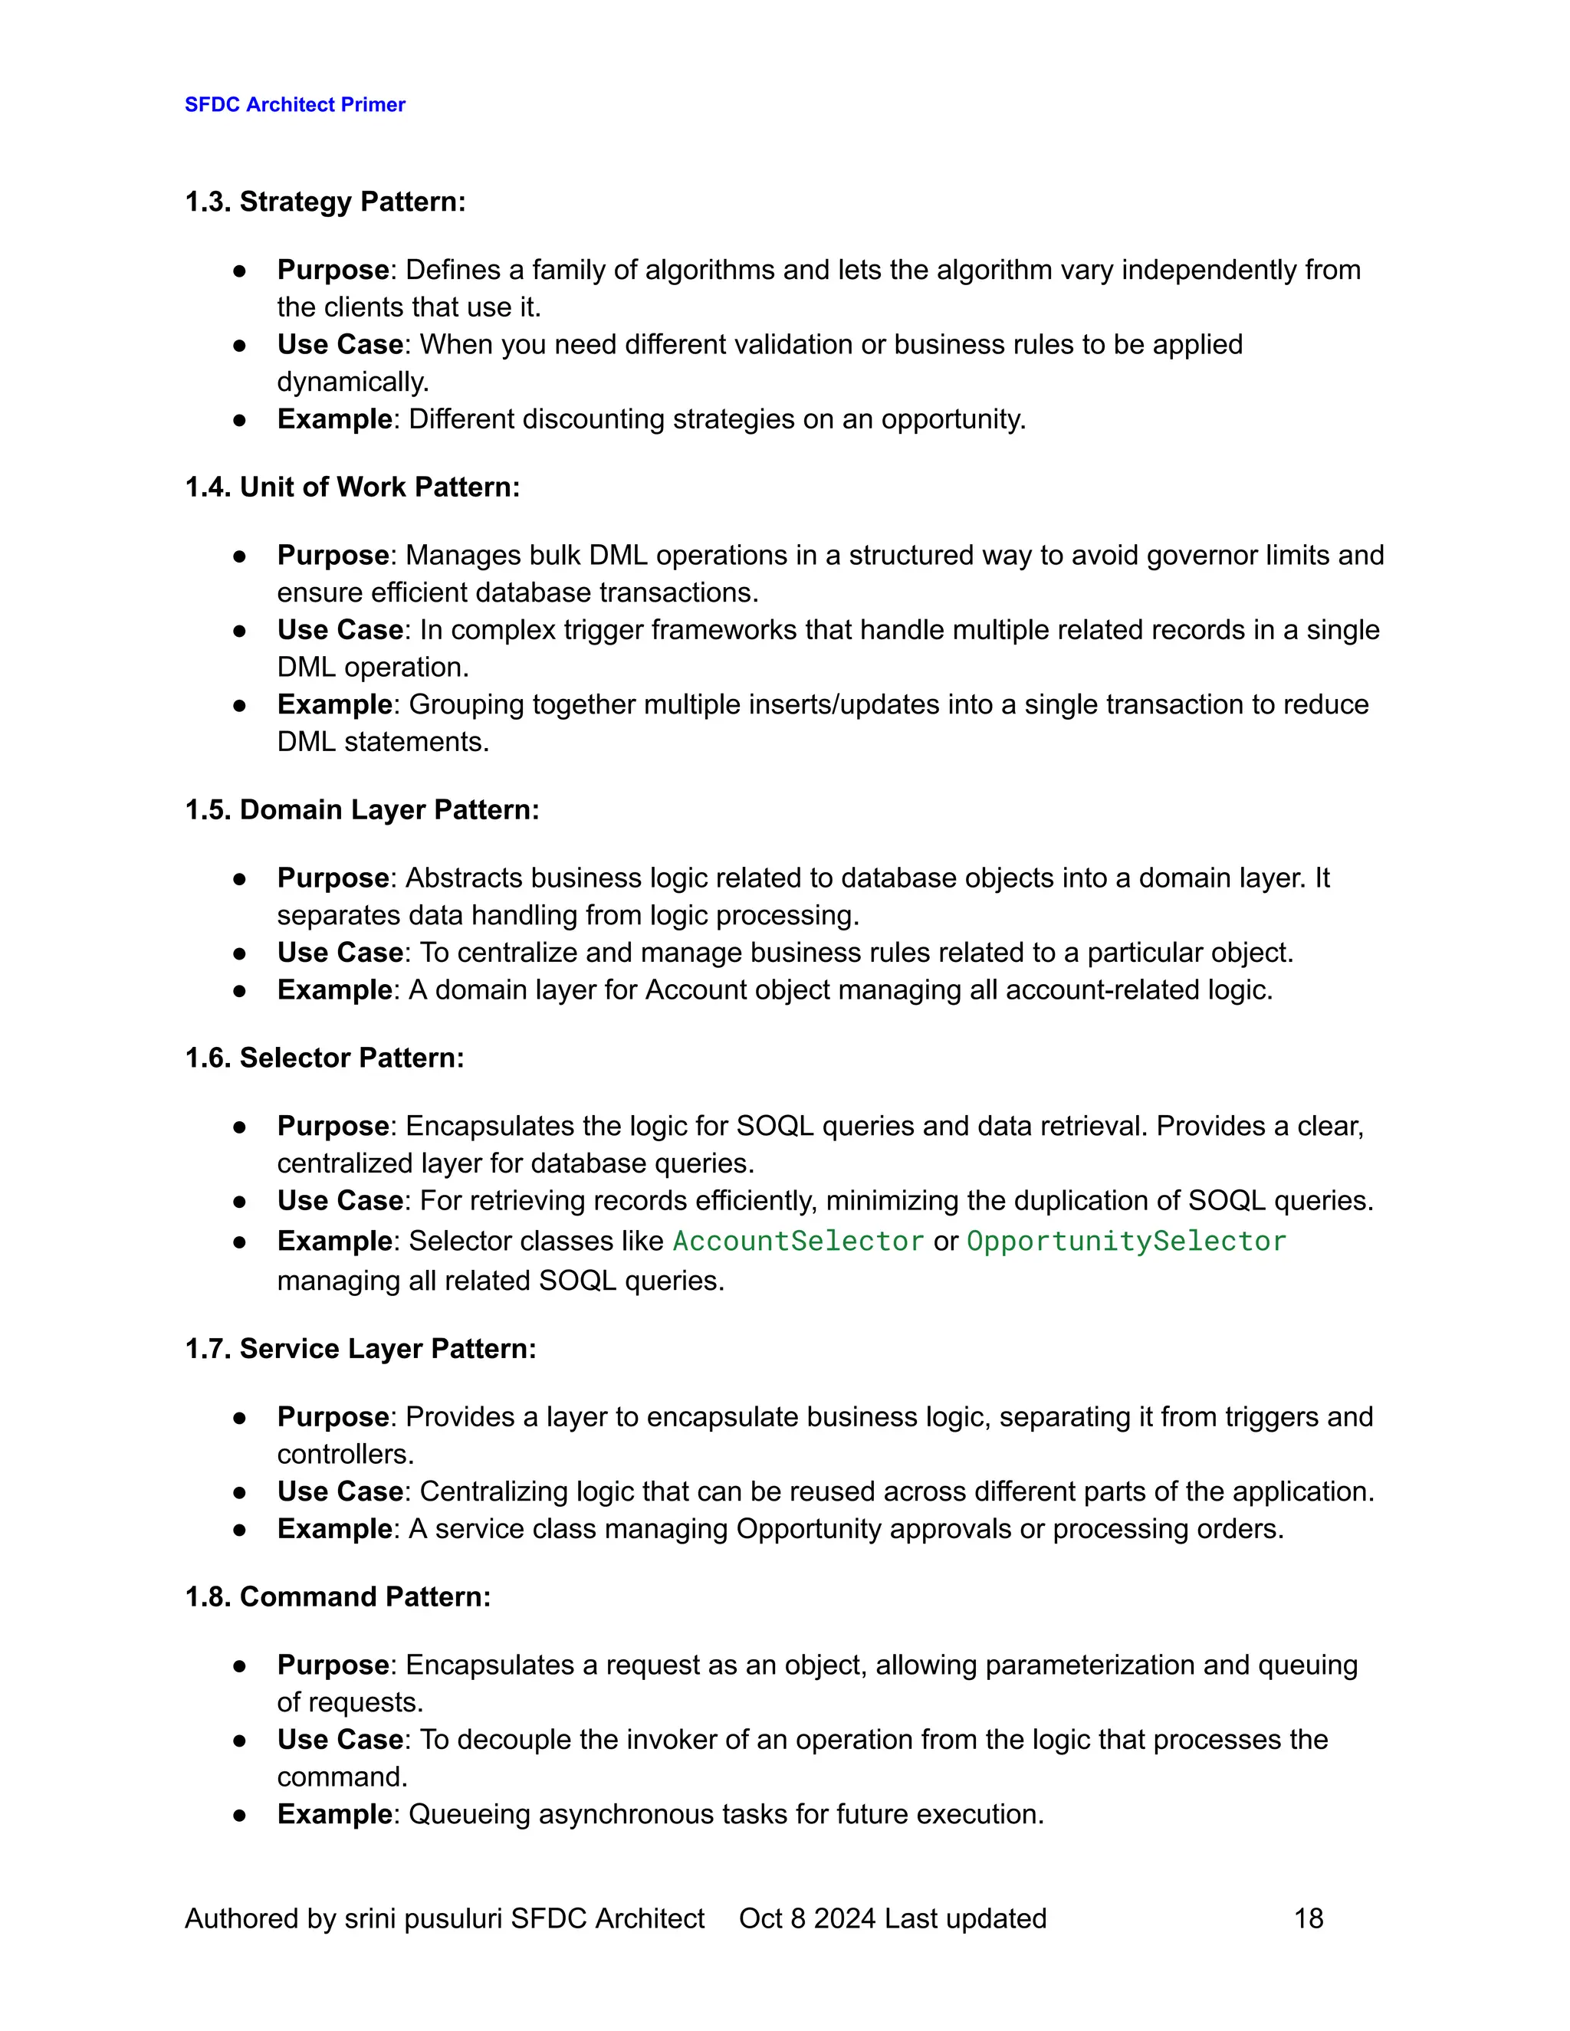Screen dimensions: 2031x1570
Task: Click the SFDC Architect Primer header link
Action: pos(295,104)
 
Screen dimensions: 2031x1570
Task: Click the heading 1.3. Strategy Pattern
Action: pos(324,202)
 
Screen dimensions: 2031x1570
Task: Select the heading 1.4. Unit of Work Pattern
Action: pos(352,487)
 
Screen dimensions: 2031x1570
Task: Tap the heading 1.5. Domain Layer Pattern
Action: pos(362,810)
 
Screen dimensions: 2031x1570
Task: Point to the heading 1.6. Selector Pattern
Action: pos(324,1058)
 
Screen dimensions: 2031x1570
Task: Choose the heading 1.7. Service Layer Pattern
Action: pos(360,1350)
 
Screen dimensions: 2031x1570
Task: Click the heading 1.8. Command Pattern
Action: pos(337,1598)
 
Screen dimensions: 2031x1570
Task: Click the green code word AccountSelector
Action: pos(798,1242)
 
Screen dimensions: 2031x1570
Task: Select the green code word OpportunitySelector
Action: pos(1126,1242)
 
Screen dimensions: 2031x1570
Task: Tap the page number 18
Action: pos(1308,1918)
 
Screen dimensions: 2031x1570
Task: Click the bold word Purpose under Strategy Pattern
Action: pos(333,271)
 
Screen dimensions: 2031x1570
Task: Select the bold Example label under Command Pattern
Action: pos(335,1815)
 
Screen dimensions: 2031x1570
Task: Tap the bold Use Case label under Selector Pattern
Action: pos(340,1202)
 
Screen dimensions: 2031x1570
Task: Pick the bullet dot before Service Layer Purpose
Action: pos(239,1418)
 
